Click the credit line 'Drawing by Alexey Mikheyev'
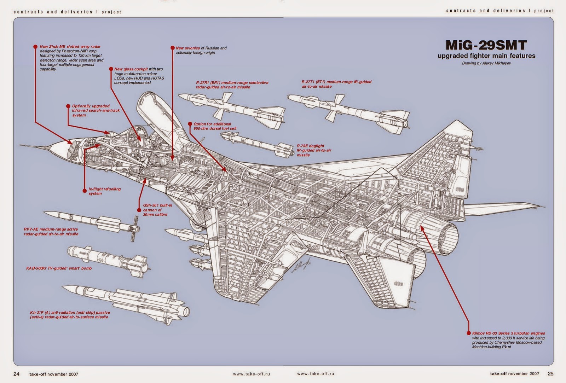[x=486, y=63]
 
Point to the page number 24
[x=16, y=374]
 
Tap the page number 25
[x=550, y=373]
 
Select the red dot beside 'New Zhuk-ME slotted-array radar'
[x=35, y=46]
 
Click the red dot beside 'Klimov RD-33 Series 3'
[x=469, y=333]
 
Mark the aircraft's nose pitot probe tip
[x=21, y=145]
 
